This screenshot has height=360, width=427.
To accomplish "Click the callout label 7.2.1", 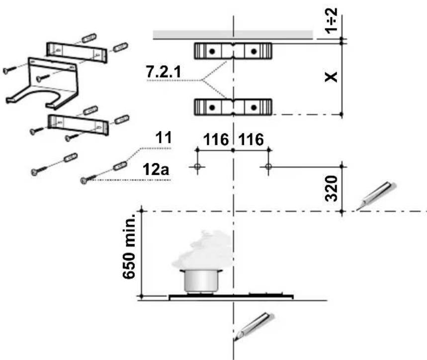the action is (x=164, y=72).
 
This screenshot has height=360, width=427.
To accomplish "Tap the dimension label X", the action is (x=331, y=77).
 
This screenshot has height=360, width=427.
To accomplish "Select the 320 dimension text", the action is (x=332, y=188).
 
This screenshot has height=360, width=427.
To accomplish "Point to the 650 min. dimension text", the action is (x=129, y=247).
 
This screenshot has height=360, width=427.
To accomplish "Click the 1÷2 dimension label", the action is (x=332, y=21).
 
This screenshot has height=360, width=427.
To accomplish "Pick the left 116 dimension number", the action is (x=216, y=140).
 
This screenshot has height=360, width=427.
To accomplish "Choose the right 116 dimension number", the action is (x=251, y=140).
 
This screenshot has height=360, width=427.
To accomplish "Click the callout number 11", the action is (x=164, y=138).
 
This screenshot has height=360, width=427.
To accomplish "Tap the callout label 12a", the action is (x=156, y=170).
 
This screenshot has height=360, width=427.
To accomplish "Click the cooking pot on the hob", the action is (x=201, y=281).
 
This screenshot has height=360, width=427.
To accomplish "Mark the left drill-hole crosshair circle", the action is (x=197, y=167).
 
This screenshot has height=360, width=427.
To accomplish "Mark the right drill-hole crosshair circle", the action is (x=268, y=167).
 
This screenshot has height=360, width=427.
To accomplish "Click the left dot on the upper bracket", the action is (x=212, y=51).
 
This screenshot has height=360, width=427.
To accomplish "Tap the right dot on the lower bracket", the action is (x=254, y=107).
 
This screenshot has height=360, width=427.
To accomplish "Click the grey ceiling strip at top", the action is (x=233, y=35).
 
